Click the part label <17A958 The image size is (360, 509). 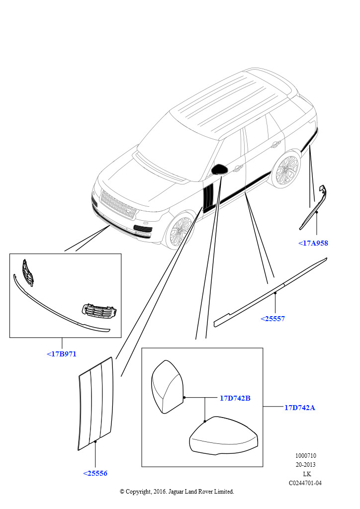point(313,243)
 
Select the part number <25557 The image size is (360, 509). point(272,319)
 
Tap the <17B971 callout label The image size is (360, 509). point(62,354)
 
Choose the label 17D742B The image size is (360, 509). point(235,398)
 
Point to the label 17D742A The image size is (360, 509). point(299,408)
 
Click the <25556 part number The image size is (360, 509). point(95,473)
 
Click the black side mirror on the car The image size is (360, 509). point(219,170)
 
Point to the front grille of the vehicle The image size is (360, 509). point(119,205)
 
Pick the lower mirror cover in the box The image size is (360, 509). point(223,436)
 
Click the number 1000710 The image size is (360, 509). point(306,456)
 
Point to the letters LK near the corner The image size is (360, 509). point(306,474)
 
